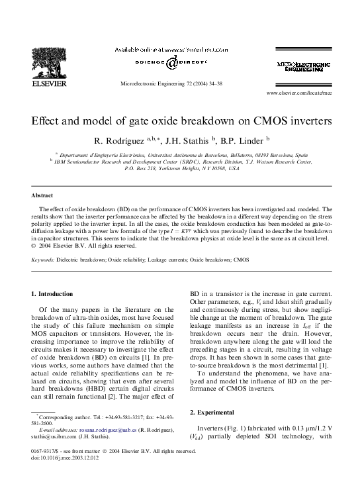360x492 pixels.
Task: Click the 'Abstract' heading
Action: tap(42, 196)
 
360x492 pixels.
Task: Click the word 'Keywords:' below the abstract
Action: tap(44, 260)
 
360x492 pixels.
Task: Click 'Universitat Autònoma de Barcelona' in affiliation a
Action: tap(201, 152)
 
